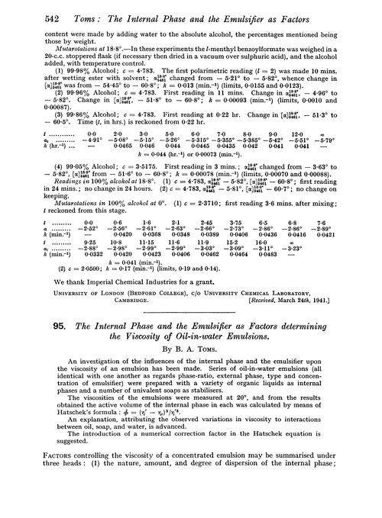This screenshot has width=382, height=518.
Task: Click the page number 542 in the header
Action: [31, 10]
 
